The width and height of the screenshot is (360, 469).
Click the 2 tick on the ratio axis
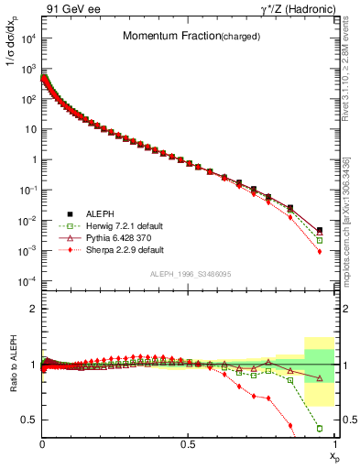click(x=33, y=309)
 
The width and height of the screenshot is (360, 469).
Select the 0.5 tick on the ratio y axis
click(x=29, y=420)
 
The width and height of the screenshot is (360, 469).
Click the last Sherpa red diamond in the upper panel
click(x=319, y=251)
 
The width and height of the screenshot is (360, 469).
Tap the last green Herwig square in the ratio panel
click(x=319, y=428)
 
